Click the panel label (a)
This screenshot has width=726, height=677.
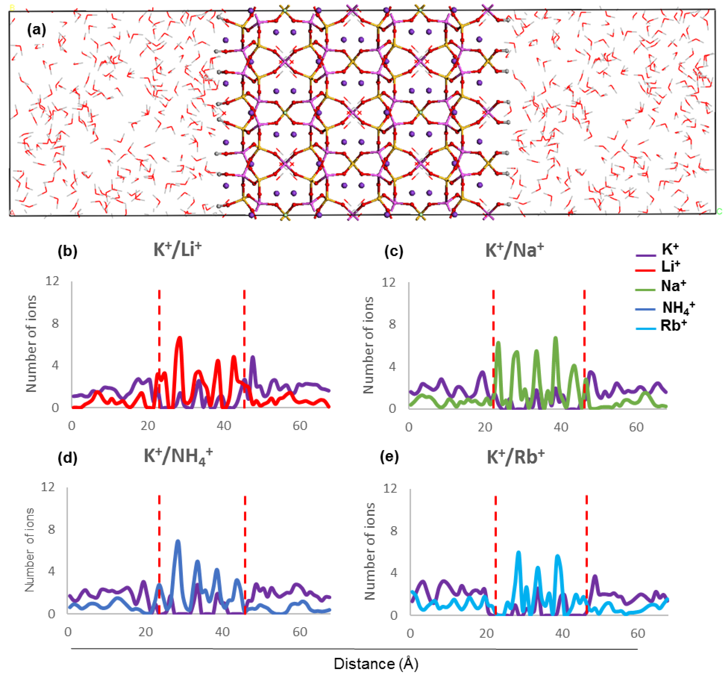tap(36, 30)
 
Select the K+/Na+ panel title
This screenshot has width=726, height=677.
tap(514, 251)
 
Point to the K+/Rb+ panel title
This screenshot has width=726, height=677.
tap(515, 457)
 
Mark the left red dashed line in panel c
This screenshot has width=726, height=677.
tap(493, 347)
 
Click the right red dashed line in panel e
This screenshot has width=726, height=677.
tap(587, 552)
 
